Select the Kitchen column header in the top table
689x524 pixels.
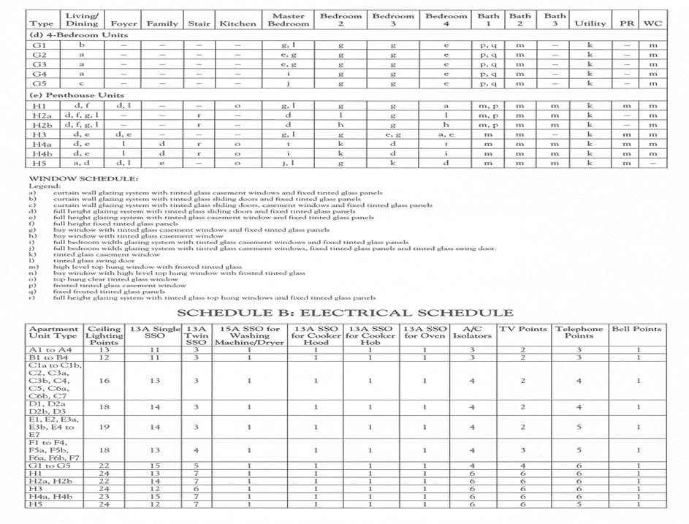pos(237,23)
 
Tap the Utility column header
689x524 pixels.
pos(590,23)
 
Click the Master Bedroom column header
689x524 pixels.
pos(289,20)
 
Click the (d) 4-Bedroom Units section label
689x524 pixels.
pos(77,34)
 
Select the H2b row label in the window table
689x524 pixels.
pos(41,125)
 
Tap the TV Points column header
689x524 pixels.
pos(523,329)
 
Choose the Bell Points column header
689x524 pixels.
pos(636,329)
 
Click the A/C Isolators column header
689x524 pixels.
pos(472,333)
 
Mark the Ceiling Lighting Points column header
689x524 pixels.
pos(104,335)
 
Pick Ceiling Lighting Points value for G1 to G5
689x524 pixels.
pos(104,466)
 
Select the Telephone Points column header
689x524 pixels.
pos(579,333)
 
